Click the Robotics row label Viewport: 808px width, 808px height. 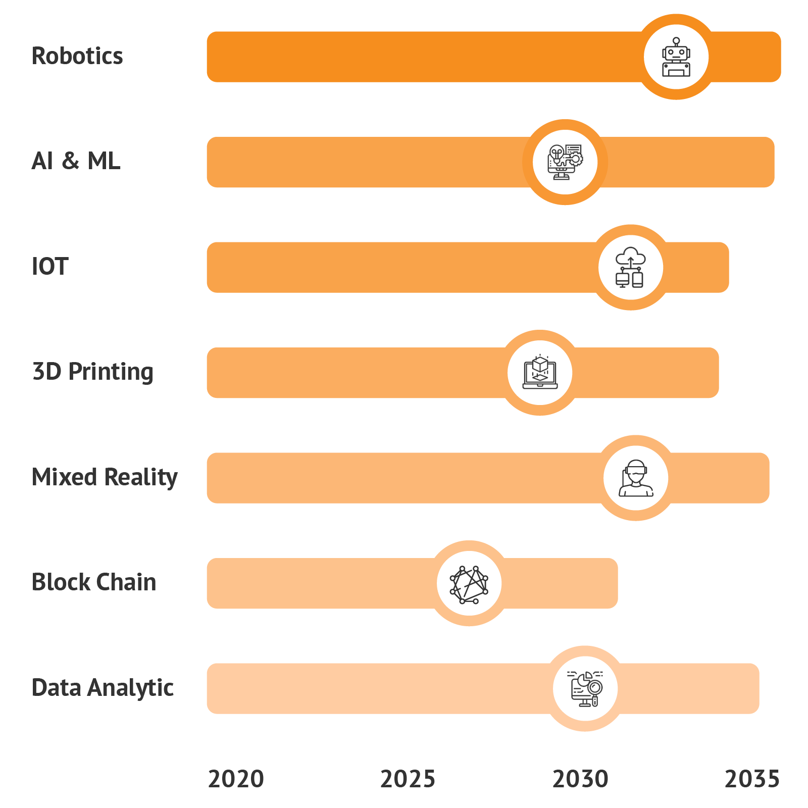click(x=77, y=56)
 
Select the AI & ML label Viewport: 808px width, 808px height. click(x=76, y=162)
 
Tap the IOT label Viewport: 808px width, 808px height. click(x=49, y=267)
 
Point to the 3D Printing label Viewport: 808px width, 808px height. click(x=92, y=372)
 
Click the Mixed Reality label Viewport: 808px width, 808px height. click(x=105, y=477)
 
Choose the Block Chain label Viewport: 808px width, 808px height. click(x=94, y=582)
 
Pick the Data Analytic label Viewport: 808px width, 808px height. click(x=103, y=688)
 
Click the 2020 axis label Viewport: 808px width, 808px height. click(x=236, y=779)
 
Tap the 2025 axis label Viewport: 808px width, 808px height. click(x=408, y=779)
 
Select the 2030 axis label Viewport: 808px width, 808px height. click(x=580, y=779)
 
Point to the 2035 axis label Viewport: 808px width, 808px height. click(x=752, y=779)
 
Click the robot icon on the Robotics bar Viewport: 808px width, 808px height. click(x=676, y=57)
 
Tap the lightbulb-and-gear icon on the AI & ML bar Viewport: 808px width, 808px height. click(x=565, y=162)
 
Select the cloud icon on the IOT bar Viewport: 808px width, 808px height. click(x=630, y=268)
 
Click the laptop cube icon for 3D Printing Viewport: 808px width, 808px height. click(x=540, y=373)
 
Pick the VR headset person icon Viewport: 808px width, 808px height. click(x=636, y=478)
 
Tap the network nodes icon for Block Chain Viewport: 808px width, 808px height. click(x=469, y=583)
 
